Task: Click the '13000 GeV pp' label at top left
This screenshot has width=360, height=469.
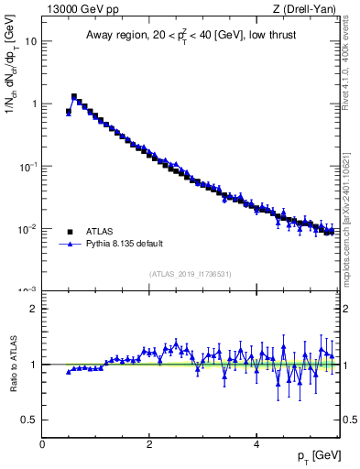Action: [78, 9]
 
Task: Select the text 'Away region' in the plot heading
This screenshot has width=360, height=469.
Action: [114, 35]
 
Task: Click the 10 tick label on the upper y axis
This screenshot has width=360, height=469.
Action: [31, 41]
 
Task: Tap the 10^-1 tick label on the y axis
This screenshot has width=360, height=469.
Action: [27, 166]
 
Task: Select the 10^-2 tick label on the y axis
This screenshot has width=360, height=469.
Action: [27, 228]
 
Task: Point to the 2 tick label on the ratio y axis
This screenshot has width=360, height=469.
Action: [33, 309]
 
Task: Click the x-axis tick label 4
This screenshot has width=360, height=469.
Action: [256, 443]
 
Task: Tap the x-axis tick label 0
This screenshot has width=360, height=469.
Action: [42, 443]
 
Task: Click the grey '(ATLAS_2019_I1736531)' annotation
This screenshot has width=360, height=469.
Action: [191, 274]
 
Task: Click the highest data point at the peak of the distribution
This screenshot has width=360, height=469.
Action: [74, 96]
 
